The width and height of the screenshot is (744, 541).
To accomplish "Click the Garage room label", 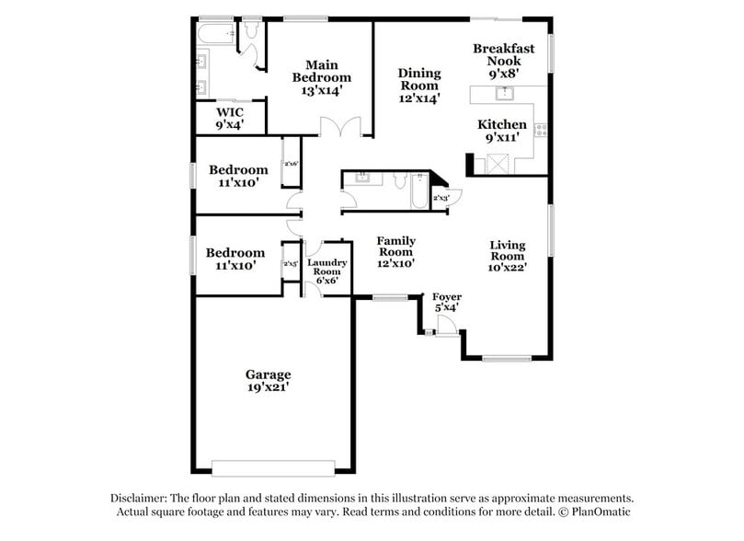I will point(268,381).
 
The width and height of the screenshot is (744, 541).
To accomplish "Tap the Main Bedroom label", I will point(321,77).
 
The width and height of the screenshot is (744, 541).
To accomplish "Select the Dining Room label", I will point(418,85).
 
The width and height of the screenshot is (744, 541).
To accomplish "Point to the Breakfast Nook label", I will point(503,60).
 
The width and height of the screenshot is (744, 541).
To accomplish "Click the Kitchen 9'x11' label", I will point(502,131).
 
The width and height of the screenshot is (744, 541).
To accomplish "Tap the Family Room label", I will point(395,251).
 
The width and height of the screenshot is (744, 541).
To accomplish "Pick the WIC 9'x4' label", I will point(229,118).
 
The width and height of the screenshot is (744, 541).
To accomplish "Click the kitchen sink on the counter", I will point(503,93).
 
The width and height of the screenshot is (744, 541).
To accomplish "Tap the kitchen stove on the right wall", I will point(541,131).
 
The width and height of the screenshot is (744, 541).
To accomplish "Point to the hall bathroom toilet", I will point(398,179).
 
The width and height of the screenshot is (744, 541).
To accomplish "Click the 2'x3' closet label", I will point(441,198).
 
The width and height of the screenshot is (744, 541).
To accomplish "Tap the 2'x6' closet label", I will point(291,164).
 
